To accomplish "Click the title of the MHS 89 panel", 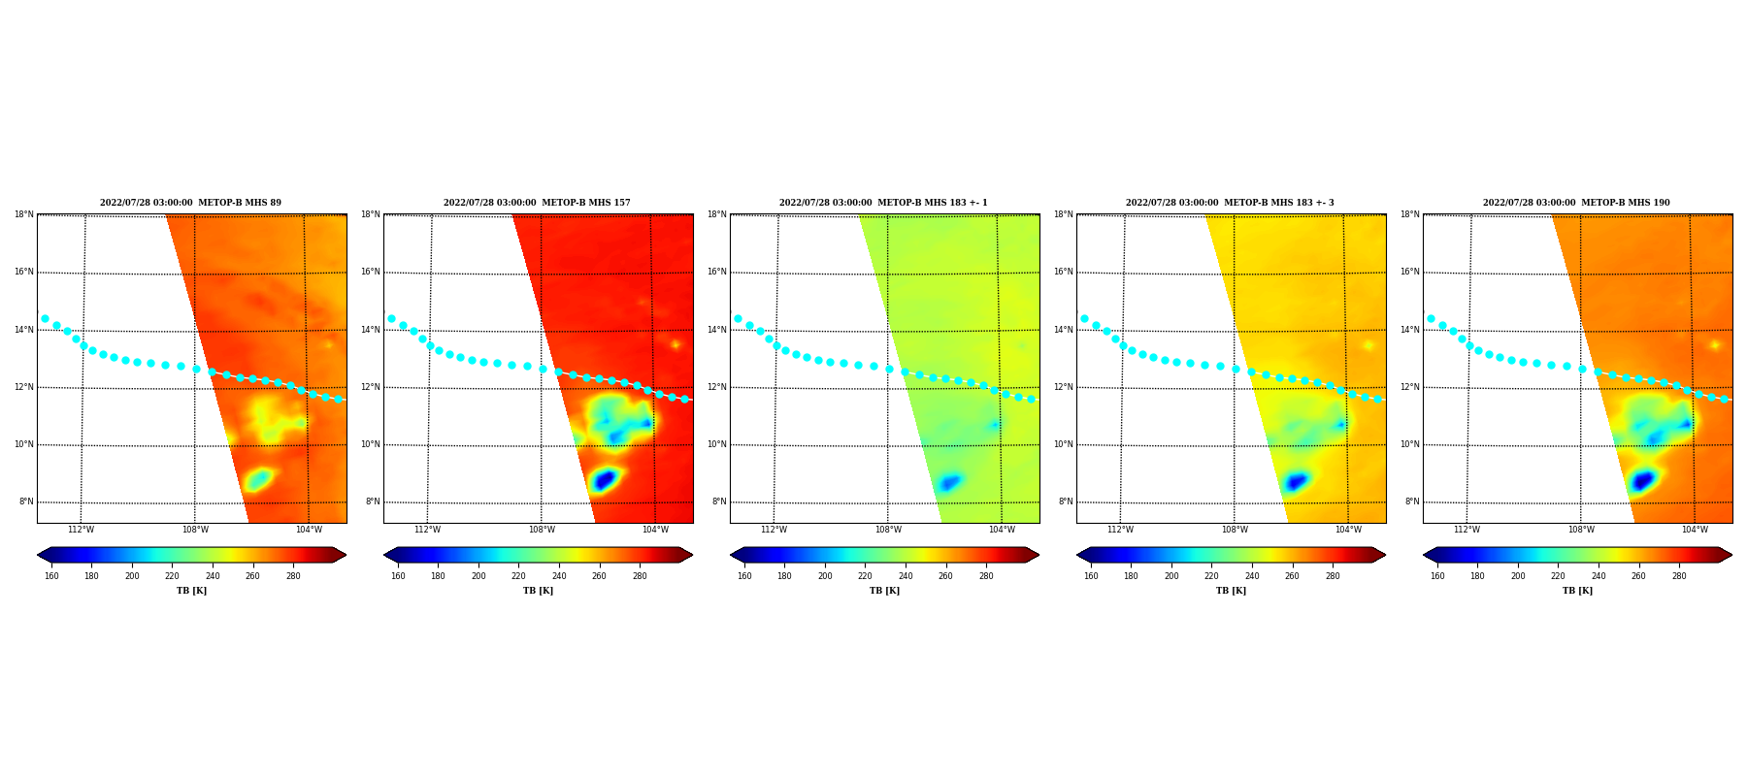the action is (190, 203).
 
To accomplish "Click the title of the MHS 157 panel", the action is (537, 203).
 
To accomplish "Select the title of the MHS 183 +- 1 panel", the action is (883, 203).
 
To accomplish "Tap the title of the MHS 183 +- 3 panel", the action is (1230, 203).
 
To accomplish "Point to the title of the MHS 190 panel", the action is (1576, 203).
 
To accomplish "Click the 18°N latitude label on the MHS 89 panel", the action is (23, 214).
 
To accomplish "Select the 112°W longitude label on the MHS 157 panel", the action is (427, 530).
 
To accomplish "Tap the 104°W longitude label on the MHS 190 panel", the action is (1695, 530).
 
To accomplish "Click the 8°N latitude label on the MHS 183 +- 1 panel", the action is (719, 501).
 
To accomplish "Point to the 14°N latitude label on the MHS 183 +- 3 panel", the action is (1063, 330).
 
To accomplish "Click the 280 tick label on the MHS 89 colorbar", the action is (293, 576).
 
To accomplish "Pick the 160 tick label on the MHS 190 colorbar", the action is (1437, 576).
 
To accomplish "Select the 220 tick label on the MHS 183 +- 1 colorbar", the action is (865, 576).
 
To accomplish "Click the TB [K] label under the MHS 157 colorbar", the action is (538, 591).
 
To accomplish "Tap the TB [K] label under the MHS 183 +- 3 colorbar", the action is (1231, 591).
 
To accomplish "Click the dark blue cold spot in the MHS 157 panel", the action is (605, 479).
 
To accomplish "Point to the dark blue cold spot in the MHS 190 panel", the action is (1642, 480).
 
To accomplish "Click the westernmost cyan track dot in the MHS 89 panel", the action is (45, 318).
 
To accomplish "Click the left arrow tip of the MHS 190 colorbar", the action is (1424, 555).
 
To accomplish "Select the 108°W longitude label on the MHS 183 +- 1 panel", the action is (888, 530).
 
